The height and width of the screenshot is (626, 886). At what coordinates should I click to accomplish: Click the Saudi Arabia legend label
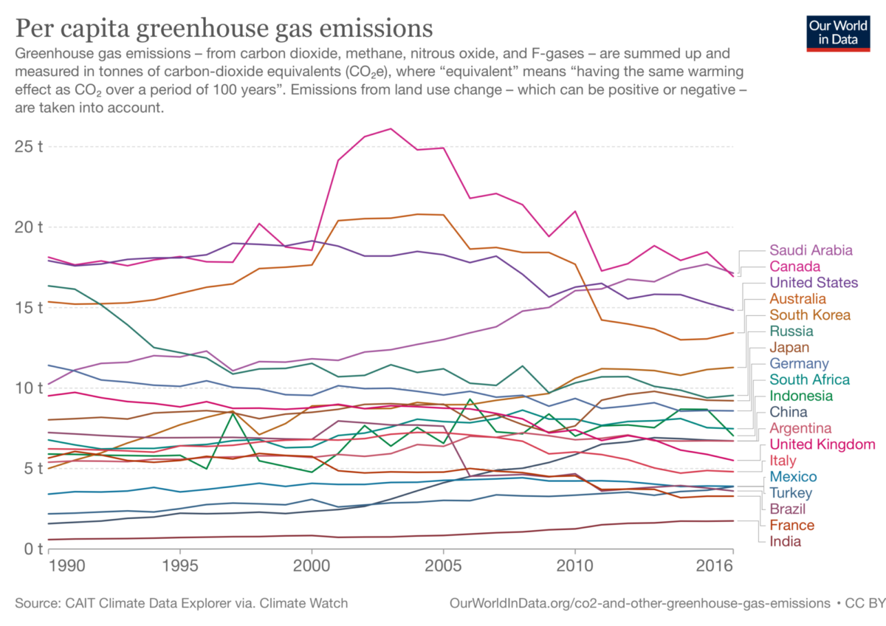pos(811,250)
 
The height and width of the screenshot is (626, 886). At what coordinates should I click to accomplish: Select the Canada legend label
pos(795,266)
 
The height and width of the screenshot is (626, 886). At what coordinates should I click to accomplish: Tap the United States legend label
pos(813,283)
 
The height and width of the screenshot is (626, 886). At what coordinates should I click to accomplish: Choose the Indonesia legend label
pos(800,396)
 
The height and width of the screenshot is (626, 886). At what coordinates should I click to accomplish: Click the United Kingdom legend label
pos(823,444)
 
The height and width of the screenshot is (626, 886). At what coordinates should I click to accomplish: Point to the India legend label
pos(786,541)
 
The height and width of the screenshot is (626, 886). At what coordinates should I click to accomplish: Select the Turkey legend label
pos(791,493)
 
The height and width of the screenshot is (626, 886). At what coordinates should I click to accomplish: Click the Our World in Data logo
pos(837,27)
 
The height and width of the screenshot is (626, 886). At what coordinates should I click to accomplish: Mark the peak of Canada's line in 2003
pos(391,128)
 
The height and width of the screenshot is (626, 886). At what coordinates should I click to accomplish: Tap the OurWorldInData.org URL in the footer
pos(639,604)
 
